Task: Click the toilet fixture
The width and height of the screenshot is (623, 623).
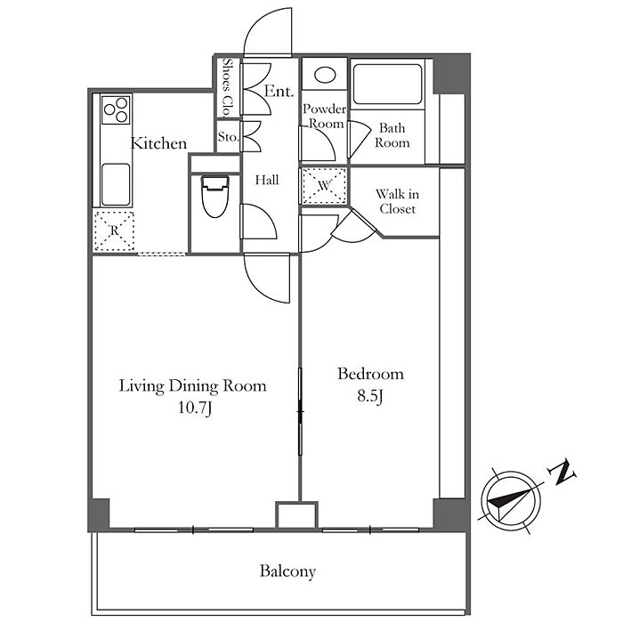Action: [x=215, y=197]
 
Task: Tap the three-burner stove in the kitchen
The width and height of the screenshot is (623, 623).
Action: [x=116, y=109]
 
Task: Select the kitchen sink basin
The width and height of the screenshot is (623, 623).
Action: [x=116, y=184]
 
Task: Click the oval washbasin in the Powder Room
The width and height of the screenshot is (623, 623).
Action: [x=325, y=75]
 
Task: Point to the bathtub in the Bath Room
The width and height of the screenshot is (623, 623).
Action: [x=387, y=85]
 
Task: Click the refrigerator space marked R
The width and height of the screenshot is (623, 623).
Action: [x=115, y=231]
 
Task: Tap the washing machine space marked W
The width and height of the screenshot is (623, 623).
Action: [x=324, y=185]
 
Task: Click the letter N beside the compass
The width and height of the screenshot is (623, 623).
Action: [x=562, y=473]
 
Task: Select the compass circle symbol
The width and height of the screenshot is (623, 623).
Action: [x=512, y=501]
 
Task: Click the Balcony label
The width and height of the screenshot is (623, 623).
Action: [x=287, y=571]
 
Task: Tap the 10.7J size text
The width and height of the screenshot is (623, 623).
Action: [x=194, y=408]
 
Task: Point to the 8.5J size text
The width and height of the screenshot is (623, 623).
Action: [x=369, y=396]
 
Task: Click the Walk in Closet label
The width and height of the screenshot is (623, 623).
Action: [x=397, y=201]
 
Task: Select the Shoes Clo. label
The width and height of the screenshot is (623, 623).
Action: [x=228, y=88]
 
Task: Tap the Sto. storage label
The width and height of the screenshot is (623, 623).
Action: [x=228, y=137]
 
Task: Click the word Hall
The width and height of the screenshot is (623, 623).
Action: [x=267, y=180]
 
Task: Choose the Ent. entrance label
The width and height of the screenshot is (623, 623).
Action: [x=279, y=92]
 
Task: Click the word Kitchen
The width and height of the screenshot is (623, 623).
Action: [x=158, y=143]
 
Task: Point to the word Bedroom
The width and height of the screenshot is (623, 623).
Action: [x=371, y=374]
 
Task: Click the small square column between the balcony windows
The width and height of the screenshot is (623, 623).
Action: [x=297, y=515]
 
